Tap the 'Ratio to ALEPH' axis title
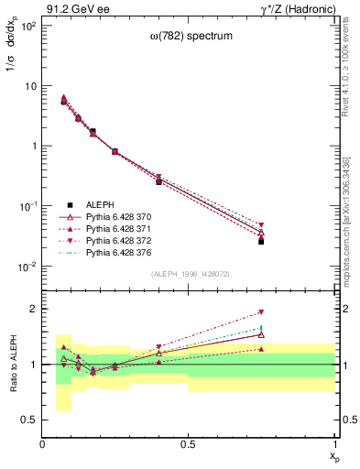click(x=15, y=364)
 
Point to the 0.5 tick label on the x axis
click(x=189, y=443)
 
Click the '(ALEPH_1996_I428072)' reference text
click(x=190, y=274)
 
